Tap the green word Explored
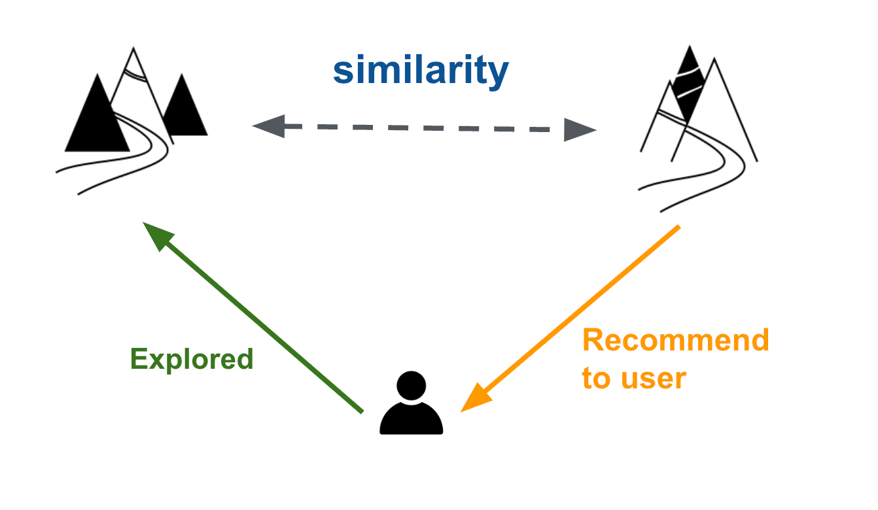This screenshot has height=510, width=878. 192,359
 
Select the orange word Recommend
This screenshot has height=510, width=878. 675,340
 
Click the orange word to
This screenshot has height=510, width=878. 596,379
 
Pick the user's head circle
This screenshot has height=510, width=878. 411,386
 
